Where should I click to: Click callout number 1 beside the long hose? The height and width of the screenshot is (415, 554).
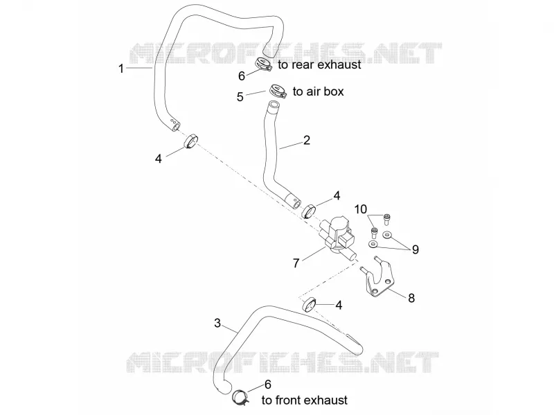click(x=121, y=68)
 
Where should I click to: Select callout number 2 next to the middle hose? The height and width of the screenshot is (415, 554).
click(x=307, y=141)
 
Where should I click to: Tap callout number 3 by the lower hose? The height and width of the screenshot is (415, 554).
click(x=217, y=323)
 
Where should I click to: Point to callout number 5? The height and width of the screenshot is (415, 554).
click(x=240, y=97)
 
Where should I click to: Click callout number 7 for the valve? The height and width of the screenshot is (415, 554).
click(x=296, y=263)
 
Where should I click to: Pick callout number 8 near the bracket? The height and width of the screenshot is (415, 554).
click(x=411, y=298)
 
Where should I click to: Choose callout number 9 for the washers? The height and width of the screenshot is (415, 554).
click(x=415, y=249)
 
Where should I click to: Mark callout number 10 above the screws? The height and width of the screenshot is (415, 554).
click(x=361, y=209)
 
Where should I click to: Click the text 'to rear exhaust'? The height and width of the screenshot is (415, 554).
click(x=319, y=64)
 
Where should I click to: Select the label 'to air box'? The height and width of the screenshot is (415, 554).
click(x=319, y=91)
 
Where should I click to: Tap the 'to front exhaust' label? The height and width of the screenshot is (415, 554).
click(x=305, y=400)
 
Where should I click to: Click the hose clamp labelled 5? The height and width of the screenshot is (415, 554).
click(x=276, y=91)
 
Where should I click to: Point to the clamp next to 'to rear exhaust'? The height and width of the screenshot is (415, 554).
click(x=263, y=64)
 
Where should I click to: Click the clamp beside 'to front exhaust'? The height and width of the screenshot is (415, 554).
click(x=240, y=396)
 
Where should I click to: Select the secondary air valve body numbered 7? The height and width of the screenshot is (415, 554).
click(x=338, y=236)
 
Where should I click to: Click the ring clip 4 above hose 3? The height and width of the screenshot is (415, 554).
click(x=309, y=305)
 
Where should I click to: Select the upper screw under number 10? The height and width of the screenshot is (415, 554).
click(x=386, y=219)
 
